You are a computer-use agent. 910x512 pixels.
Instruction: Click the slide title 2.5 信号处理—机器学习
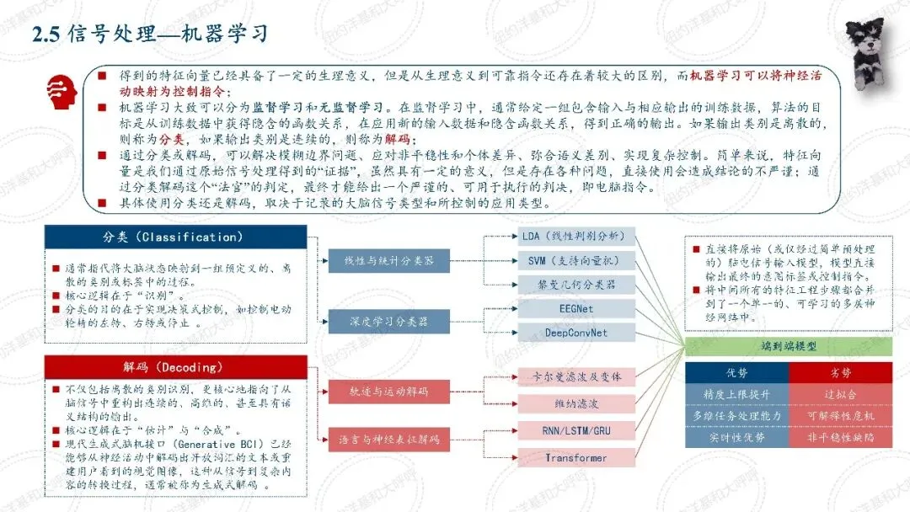point(150,34)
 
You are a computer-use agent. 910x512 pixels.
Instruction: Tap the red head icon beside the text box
point(59,87)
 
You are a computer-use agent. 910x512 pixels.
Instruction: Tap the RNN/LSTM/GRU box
point(575,431)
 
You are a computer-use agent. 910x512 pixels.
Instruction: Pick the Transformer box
point(575,458)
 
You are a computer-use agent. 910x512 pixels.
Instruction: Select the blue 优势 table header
point(736,372)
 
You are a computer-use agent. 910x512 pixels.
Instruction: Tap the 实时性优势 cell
point(736,438)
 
